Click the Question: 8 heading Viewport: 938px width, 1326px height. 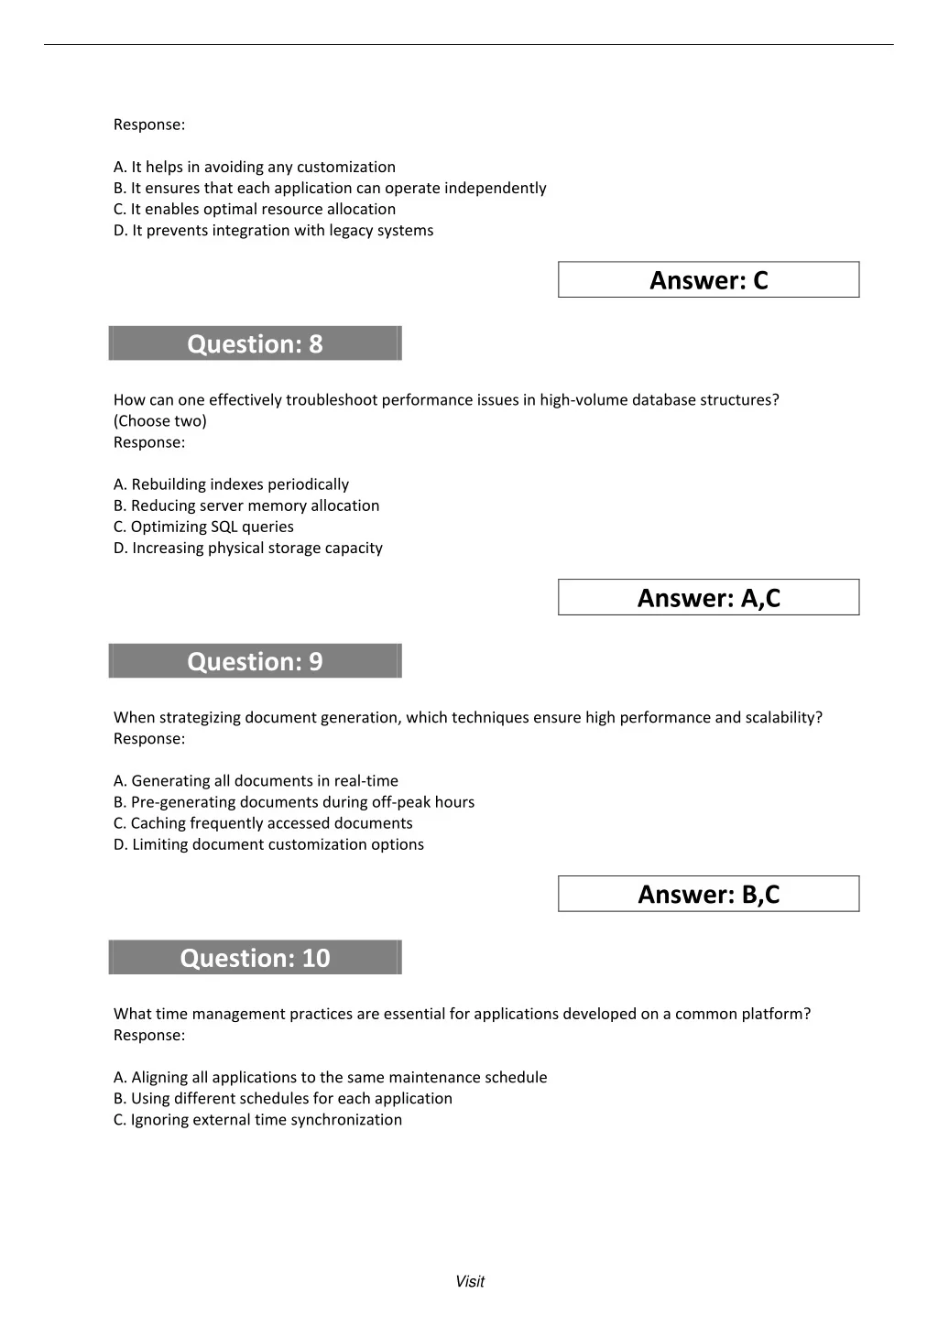255,343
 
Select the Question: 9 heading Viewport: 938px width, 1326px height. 255,661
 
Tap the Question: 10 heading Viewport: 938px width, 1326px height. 255,958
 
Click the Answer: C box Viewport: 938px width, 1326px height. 708,280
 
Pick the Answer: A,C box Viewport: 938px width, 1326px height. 708,598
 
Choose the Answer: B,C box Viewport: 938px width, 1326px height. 708,895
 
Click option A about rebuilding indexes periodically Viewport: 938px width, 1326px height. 231,484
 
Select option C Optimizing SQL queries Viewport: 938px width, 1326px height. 203,527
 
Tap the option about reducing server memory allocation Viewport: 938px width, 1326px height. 245,505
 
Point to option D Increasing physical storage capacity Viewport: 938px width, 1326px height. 247,548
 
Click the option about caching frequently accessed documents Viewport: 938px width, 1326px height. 263,823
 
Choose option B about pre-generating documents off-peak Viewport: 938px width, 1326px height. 293,802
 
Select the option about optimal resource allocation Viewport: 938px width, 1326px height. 255,209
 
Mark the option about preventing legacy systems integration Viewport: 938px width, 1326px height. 273,230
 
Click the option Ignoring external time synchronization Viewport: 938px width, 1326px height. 257,1119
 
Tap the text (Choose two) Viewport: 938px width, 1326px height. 160,421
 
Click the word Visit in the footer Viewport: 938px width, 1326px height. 470,1282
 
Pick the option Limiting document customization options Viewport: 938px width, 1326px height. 268,844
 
